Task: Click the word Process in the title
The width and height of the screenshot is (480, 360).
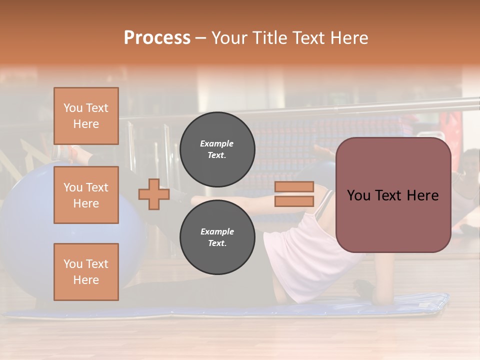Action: [157, 38]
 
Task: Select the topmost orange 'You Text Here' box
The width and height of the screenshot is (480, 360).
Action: [86, 116]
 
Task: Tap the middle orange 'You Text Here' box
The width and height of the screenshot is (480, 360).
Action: [86, 195]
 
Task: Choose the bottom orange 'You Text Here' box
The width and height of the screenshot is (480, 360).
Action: [86, 271]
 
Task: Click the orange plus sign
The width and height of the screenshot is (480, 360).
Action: [154, 194]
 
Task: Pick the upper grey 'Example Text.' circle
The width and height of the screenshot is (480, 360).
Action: [217, 149]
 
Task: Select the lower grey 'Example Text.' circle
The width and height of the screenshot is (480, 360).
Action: [217, 237]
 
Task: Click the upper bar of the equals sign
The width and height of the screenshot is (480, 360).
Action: [294, 186]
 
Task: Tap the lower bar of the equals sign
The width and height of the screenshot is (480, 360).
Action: [294, 201]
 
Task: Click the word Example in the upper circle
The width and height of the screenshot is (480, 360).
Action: [217, 143]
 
